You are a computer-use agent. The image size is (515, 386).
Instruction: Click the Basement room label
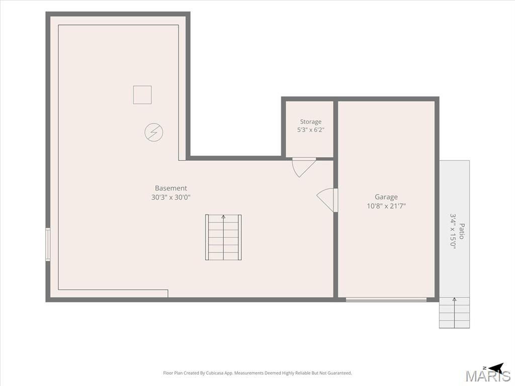171,188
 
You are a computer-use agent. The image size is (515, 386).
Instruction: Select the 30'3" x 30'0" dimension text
171,197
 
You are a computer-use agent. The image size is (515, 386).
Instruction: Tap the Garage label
386,197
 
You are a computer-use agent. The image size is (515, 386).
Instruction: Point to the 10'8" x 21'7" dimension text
386,206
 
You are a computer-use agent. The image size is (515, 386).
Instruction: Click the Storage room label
311,122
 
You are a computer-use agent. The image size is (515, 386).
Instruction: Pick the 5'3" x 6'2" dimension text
311,130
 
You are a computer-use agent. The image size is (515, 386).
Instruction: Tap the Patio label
462,231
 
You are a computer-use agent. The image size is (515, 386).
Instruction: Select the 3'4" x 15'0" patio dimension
453,231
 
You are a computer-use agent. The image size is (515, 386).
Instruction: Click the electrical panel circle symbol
154,132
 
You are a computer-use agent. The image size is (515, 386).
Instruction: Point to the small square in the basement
142,95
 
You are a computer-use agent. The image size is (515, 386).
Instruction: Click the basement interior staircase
223,237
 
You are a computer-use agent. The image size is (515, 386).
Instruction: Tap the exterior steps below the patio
455,313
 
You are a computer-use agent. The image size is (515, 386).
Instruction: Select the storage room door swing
304,167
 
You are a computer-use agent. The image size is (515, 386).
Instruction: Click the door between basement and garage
327,200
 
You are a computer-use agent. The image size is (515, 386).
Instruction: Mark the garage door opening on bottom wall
386,300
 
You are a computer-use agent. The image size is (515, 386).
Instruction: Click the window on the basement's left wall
48,244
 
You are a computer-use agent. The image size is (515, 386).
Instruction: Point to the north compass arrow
496,367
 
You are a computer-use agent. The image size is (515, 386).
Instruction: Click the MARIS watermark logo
488,376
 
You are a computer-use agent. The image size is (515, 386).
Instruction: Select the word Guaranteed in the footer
340,373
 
